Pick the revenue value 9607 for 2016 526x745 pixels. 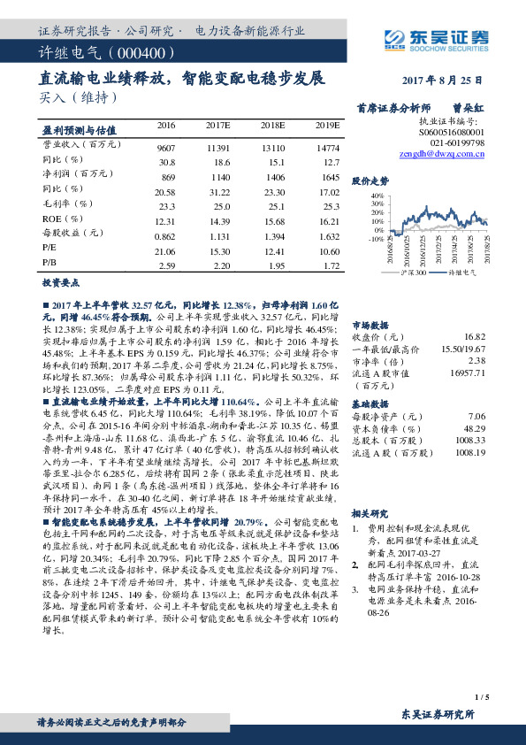[165, 147]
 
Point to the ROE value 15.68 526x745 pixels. [272, 220]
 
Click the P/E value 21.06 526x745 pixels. [165, 251]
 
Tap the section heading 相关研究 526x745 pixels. [371, 513]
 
